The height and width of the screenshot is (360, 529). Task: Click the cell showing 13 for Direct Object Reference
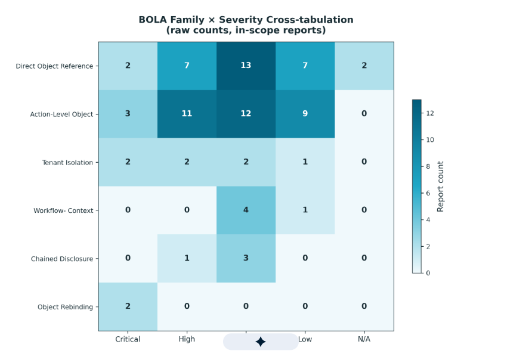[246, 66]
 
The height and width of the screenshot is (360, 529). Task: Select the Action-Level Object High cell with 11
[187, 114]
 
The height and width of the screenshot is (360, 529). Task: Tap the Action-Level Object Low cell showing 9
[305, 114]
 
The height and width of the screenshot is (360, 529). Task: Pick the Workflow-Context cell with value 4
[246, 210]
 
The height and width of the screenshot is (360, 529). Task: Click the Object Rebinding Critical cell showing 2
[128, 307]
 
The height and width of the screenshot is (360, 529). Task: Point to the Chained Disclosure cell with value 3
[246, 259]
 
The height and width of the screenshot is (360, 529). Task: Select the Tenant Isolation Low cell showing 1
[305, 162]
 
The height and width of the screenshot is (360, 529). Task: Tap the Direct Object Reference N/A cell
[364, 66]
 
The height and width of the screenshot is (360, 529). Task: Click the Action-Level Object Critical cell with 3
[128, 114]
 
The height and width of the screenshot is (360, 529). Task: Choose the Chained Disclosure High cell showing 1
[187, 259]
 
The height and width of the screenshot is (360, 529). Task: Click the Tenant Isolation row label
[67, 163]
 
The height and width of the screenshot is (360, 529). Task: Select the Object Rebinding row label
[65, 307]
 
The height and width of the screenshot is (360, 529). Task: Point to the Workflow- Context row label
[63, 210]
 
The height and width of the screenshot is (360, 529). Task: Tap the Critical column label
[128, 339]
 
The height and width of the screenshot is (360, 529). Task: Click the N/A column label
[364, 339]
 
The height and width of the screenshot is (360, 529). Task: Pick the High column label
[187, 339]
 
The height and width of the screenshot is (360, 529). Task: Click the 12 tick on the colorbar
[430, 113]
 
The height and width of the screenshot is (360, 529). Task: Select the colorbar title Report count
[440, 187]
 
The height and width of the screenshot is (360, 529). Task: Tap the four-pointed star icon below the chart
[261, 342]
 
